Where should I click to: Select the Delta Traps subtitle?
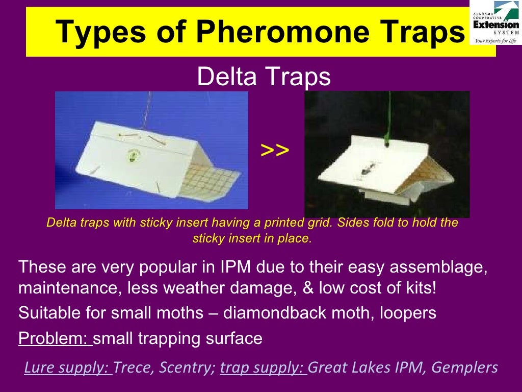[x=264, y=78]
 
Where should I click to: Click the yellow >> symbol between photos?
[x=275, y=151]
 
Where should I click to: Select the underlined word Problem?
[x=55, y=338]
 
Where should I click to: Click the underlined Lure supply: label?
[x=68, y=367]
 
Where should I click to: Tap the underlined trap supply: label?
[x=263, y=367]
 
